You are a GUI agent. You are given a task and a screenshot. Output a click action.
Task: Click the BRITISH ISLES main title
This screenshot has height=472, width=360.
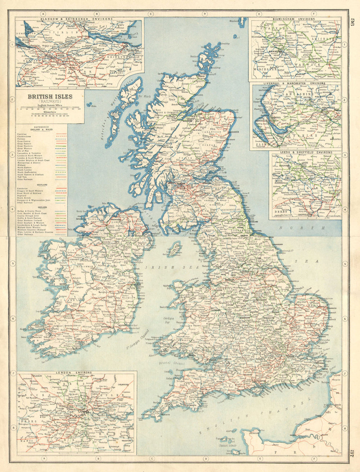pyautogui.click(x=50, y=97)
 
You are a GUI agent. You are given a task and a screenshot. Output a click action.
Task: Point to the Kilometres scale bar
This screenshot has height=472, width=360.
pyautogui.click(x=50, y=116)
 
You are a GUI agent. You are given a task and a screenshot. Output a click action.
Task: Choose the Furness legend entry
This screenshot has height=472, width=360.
pyautogui.click(x=22, y=140)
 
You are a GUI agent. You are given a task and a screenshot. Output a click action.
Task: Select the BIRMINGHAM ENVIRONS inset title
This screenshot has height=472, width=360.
pyautogui.click(x=294, y=19)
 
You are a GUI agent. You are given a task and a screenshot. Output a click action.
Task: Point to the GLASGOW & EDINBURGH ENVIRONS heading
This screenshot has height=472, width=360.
pyautogui.click(x=76, y=18)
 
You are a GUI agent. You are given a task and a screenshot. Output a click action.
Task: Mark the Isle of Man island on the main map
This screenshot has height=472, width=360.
pyautogui.click(x=175, y=249)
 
